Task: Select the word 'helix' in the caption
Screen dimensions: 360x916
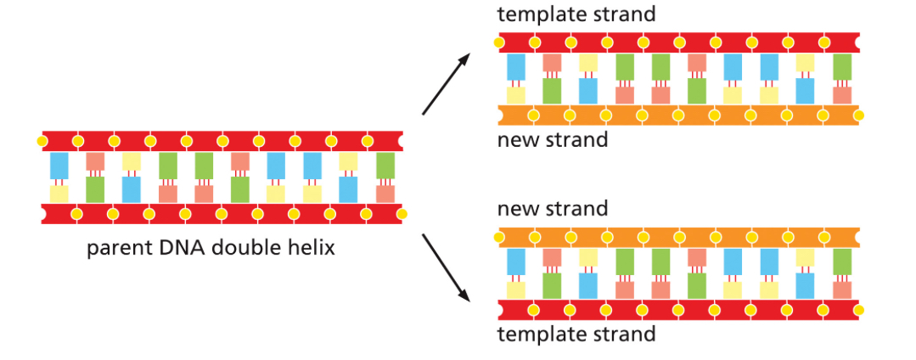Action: pyautogui.click(x=312, y=250)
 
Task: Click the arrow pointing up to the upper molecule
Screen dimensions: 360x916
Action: pyautogui.click(x=447, y=83)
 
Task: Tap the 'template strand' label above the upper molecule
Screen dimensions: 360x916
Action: pyautogui.click(x=576, y=14)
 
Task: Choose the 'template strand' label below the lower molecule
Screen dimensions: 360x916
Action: pyautogui.click(x=576, y=334)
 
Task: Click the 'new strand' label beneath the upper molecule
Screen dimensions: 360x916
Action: pyautogui.click(x=552, y=140)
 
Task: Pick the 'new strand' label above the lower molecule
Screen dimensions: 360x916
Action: pyautogui.click(x=552, y=208)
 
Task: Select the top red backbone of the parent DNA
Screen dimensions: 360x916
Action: pyautogui.click(x=221, y=139)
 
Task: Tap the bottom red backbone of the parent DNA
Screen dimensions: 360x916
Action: pyautogui.click(x=221, y=213)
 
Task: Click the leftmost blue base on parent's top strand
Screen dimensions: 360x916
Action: pyautogui.click(x=59, y=165)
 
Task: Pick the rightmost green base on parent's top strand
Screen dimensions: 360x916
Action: pyautogui.click(x=385, y=165)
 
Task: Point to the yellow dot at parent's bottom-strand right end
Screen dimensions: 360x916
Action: pyautogui.click(x=402, y=213)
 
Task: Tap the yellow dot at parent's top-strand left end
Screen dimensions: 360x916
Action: pyautogui.click(x=42, y=139)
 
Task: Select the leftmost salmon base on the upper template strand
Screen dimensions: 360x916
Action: pyautogui.click(x=552, y=63)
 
